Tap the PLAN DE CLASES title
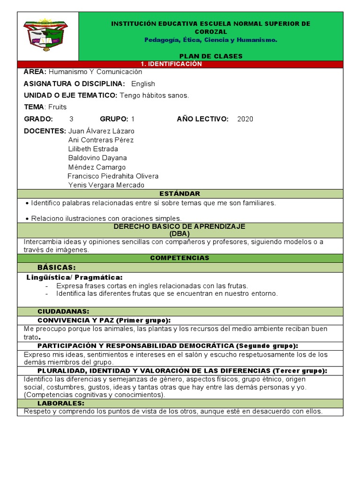pyautogui.click(x=210, y=56)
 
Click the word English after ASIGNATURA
pyautogui.click(x=143, y=84)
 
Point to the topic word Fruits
pyautogui.click(x=58, y=107)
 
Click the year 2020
pyautogui.click(x=245, y=119)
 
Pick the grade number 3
pyautogui.click(x=71, y=119)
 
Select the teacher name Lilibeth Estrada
pyautogui.click(x=93, y=149)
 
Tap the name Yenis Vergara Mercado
pyautogui.click(x=106, y=185)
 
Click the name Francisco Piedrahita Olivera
pyautogui.click(x=113, y=176)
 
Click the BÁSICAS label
pyautogui.click(x=56, y=267)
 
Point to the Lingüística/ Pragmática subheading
pyautogui.click(x=75, y=277)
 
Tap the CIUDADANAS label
pyautogui.click(x=63, y=312)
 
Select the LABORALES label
pyautogui.click(x=61, y=403)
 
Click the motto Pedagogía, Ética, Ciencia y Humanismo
pyautogui.click(x=210, y=40)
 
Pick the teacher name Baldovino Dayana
pyautogui.click(x=97, y=158)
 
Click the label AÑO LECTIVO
pyautogui.click(x=202, y=119)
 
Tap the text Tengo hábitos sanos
pyautogui.click(x=154, y=95)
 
